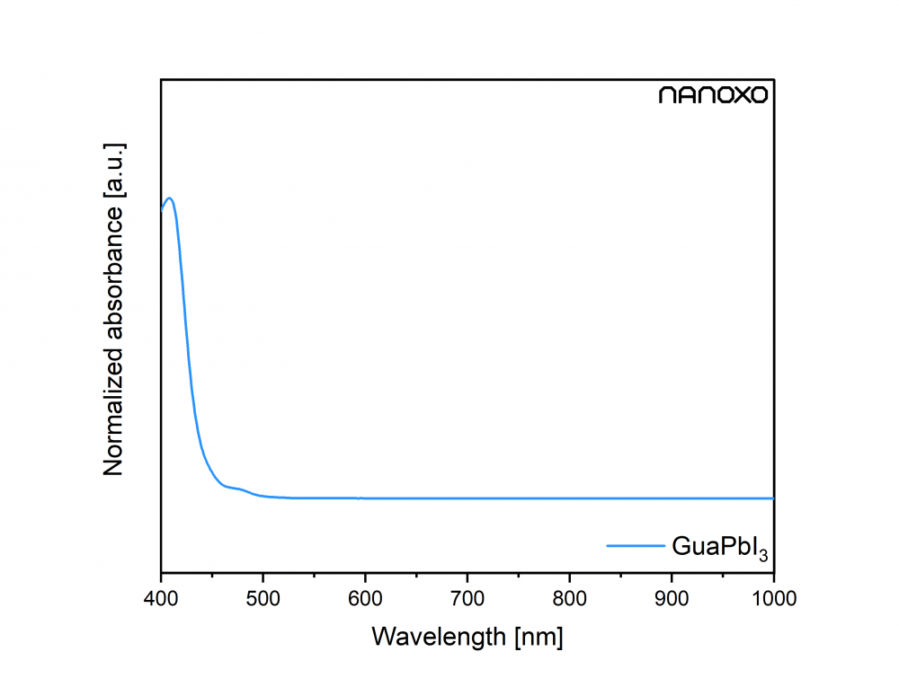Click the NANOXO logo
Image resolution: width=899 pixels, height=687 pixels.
tap(714, 95)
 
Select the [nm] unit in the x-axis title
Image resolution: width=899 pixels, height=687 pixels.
tap(539, 637)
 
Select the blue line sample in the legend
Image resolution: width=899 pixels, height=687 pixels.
tap(634, 545)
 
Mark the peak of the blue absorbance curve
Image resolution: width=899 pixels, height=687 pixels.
tap(169, 198)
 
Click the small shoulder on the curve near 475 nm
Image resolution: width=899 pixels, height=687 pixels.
tap(240, 489)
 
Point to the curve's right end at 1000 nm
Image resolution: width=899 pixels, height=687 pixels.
tap(772, 498)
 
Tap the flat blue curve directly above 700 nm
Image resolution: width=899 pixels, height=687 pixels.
tap(467, 498)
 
